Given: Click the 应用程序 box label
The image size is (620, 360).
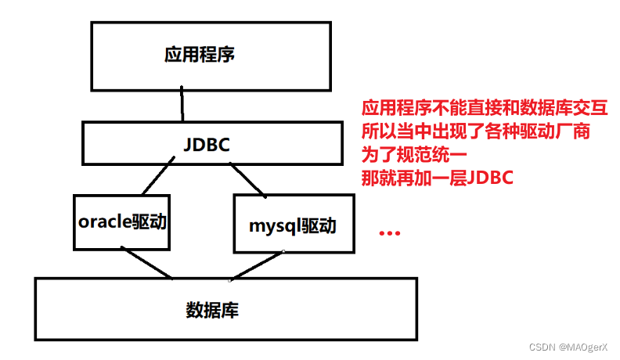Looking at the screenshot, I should [x=200, y=55].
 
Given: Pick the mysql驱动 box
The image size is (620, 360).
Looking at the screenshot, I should [x=293, y=226].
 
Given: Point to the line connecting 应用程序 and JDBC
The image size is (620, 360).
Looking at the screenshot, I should [x=182, y=103].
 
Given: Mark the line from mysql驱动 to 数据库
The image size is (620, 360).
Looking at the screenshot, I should [x=256, y=265].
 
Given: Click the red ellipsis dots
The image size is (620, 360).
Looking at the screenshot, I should [x=389, y=233].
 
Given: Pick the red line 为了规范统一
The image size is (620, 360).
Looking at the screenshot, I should [x=414, y=154].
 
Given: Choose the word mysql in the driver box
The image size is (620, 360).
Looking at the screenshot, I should [x=270, y=226].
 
